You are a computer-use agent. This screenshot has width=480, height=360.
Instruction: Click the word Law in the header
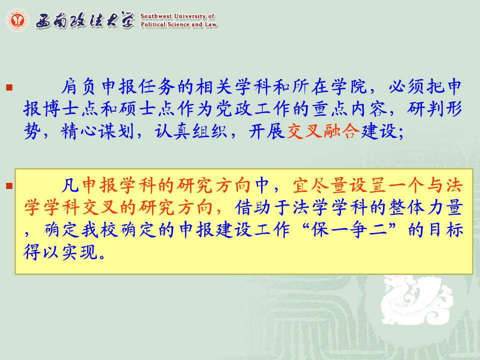pyautogui.click(x=211, y=24)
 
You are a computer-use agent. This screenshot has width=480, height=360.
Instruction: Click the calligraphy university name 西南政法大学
pyautogui.click(x=85, y=20)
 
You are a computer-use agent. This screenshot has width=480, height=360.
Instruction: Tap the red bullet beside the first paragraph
pyautogui.click(x=9, y=87)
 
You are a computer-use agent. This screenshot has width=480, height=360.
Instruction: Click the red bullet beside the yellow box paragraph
pyautogui.click(x=9, y=186)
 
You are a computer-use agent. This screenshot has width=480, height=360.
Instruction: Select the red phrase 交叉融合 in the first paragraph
pyautogui.click(x=323, y=131)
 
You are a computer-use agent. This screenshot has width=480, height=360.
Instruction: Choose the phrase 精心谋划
pyautogui.click(x=97, y=131)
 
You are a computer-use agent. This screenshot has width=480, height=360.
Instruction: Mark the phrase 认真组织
pyautogui.click(x=190, y=131)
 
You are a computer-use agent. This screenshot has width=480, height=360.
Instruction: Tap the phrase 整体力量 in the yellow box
pyautogui.click(x=425, y=207)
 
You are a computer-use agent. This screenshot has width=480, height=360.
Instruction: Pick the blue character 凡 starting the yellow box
pyautogui.click(x=70, y=185)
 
